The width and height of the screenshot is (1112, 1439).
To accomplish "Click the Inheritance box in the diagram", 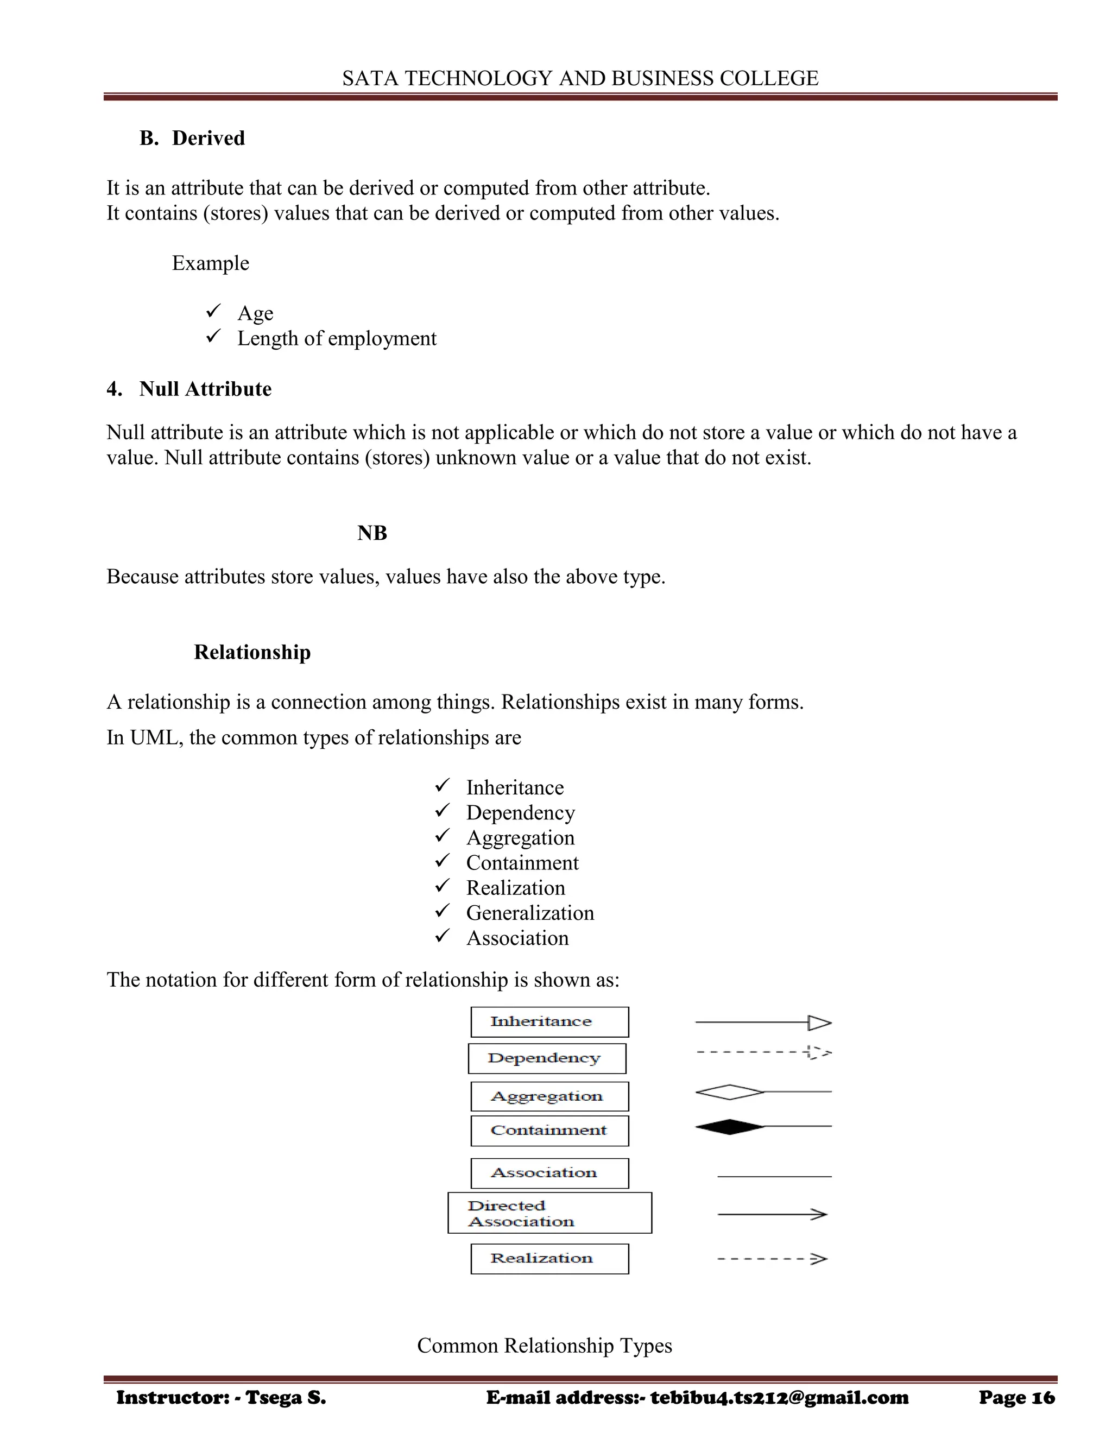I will click(549, 1022).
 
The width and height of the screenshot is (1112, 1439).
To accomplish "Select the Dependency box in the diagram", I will click(547, 1058).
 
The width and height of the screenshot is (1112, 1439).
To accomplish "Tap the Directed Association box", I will click(549, 1213).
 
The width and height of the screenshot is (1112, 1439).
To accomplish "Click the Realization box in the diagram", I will click(549, 1259).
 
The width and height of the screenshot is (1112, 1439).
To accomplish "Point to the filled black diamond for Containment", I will click(729, 1127).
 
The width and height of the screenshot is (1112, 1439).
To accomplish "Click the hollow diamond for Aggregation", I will click(729, 1092).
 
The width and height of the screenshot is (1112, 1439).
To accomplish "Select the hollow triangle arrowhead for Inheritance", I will click(819, 1023).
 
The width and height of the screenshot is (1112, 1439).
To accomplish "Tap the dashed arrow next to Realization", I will click(772, 1259).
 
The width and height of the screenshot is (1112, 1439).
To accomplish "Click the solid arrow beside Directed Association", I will click(772, 1214).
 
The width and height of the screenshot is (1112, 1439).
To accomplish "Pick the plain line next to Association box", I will click(774, 1176).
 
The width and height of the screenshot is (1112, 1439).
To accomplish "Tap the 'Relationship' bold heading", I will click(252, 652).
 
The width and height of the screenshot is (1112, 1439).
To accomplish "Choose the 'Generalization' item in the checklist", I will click(529, 913).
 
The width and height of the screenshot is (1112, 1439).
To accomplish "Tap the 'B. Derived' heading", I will click(192, 138).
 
